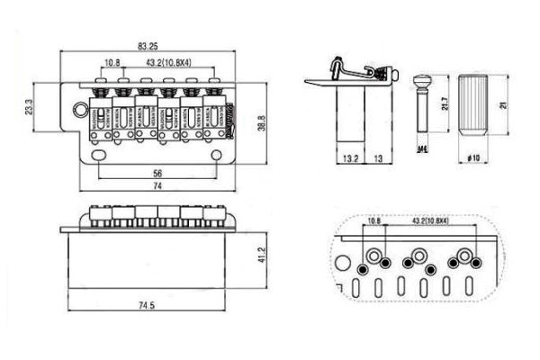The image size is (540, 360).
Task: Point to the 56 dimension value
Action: (157, 173)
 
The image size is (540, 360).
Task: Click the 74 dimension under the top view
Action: (157, 185)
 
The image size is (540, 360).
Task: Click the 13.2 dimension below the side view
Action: (352, 158)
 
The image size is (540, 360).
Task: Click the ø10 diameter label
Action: (475, 158)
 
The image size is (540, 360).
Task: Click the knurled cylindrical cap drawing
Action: (475, 103)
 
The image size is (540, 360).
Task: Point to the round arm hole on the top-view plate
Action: (77, 112)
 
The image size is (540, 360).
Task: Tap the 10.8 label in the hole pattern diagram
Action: (373, 220)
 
